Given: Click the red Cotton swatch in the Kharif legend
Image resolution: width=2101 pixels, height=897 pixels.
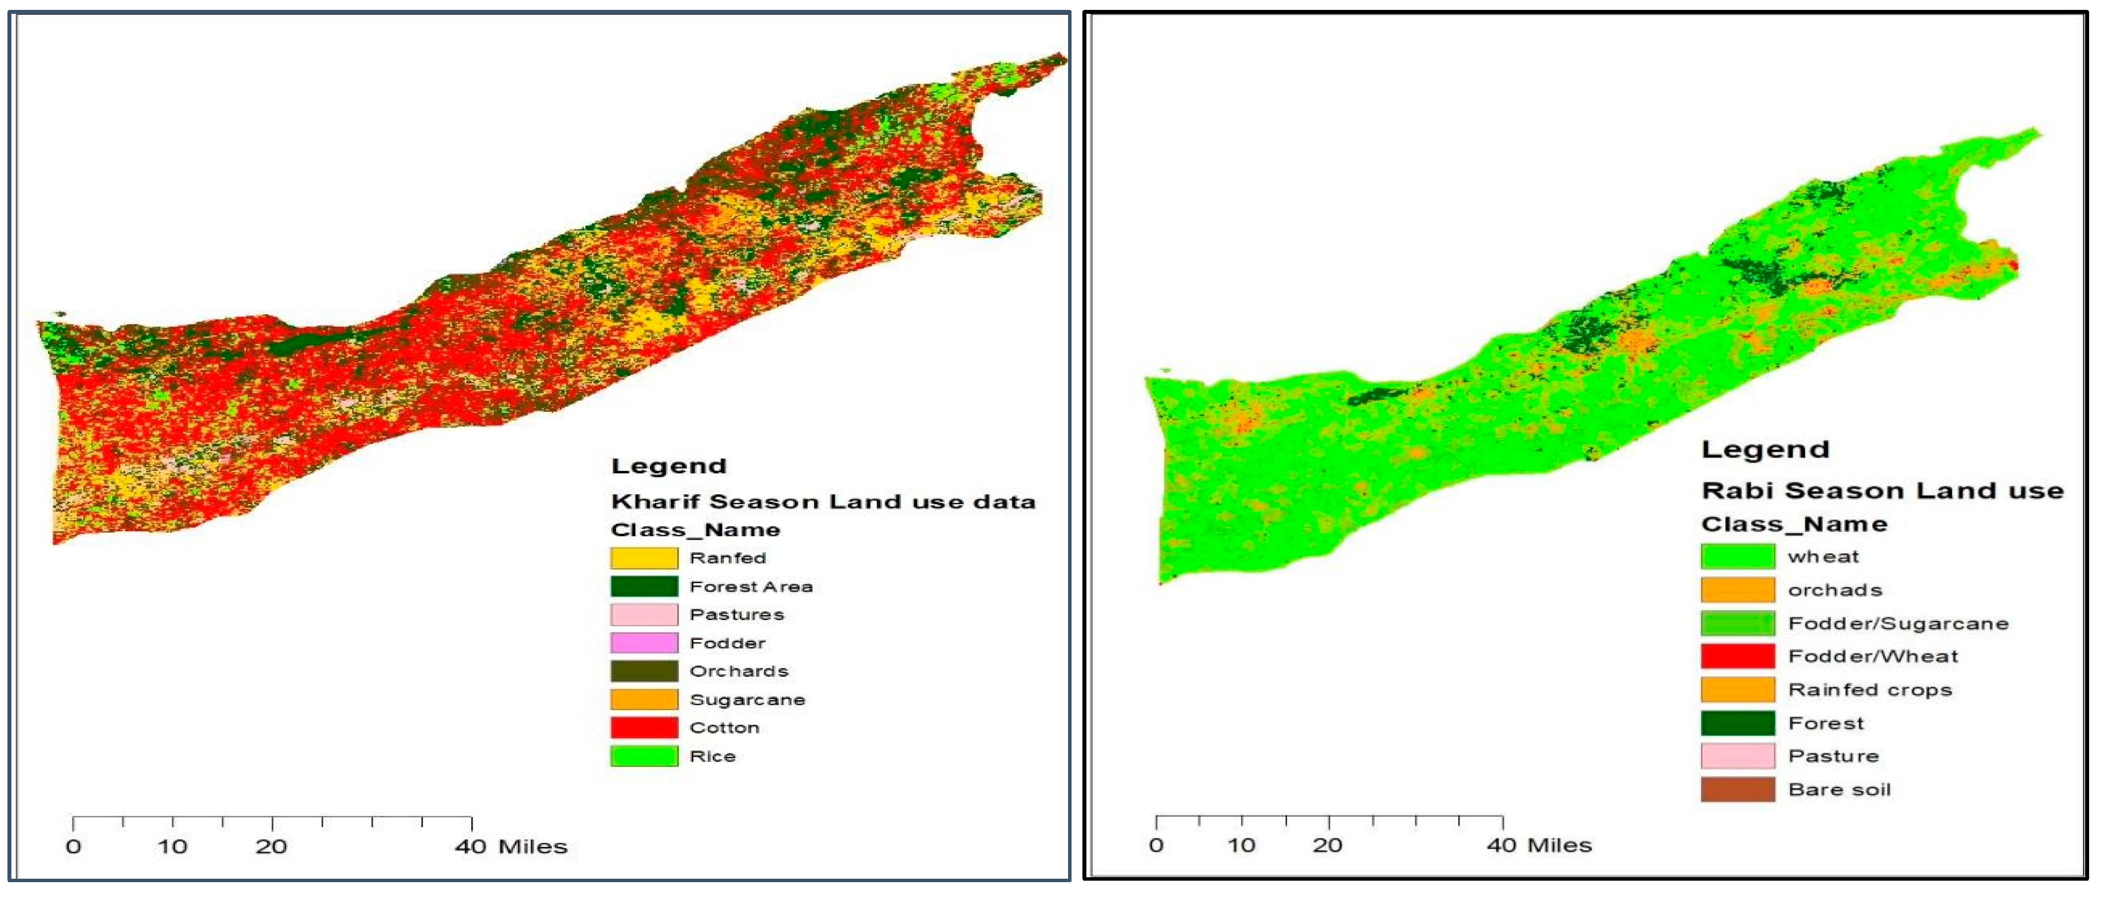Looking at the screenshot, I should click(643, 727).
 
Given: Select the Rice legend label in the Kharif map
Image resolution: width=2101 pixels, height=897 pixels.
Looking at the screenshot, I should click(712, 756).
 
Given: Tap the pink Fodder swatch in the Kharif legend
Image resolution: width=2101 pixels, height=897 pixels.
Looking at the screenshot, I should click(643, 643).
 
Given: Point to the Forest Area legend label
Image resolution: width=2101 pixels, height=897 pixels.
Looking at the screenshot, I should click(750, 586).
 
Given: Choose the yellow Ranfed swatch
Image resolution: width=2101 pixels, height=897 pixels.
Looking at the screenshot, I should click(643, 558).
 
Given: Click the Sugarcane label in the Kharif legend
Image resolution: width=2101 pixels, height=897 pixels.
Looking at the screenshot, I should click(747, 700).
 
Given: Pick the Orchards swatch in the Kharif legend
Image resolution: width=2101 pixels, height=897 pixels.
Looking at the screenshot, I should click(643, 671).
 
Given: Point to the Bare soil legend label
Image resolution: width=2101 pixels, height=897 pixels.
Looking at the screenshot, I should click(1839, 789).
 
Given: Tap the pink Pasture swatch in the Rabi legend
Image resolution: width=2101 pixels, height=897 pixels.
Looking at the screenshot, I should click(1737, 756).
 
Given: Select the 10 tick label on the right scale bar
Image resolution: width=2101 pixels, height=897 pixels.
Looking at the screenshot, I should click(1241, 845).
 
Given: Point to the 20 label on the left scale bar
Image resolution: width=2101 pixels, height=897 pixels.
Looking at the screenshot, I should click(272, 847).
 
